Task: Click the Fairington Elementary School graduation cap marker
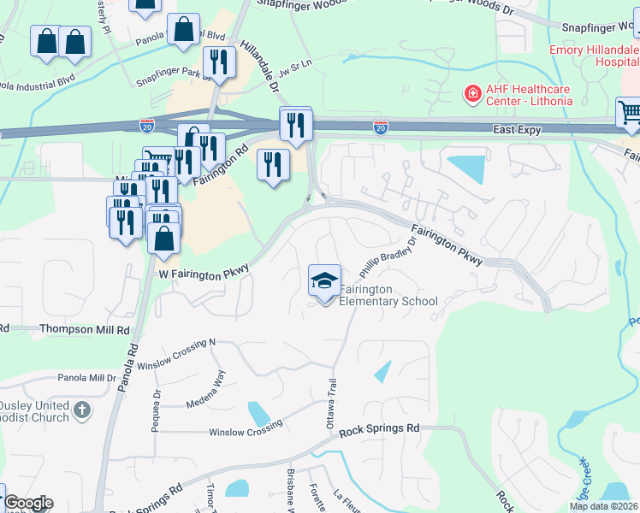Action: (x=324, y=281)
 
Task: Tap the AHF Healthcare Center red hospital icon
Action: (x=471, y=92)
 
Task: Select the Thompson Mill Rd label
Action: (x=87, y=329)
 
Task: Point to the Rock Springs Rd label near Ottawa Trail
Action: (x=379, y=428)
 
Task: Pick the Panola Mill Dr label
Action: (x=86, y=377)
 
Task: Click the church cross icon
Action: (x=82, y=410)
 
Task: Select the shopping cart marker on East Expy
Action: (x=629, y=112)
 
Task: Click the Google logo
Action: (x=28, y=503)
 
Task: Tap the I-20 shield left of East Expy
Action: (x=381, y=127)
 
